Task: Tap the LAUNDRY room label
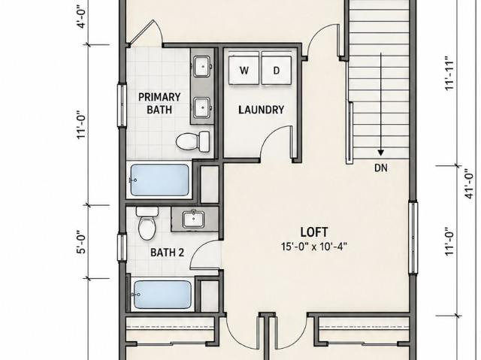click(x=262, y=110)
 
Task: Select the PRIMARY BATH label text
click(x=159, y=103)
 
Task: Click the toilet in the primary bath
click(x=193, y=141)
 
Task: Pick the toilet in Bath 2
click(x=147, y=223)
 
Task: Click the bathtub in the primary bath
click(x=159, y=180)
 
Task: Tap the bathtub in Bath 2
click(x=162, y=295)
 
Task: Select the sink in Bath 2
click(x=194, y=219)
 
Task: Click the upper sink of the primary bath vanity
click(x=202, y=66)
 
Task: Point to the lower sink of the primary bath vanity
click(x=202, y=107)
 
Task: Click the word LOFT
click(x=314, y=232)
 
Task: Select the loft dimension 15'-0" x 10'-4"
click(x=314, y=247)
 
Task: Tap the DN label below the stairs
click(x=381, y=168)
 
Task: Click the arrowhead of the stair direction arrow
click(x=381, y=153)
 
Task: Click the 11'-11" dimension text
click(x=449, y=73)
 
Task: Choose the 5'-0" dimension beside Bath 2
click(x=82, y=242)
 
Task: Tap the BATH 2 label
click(x=167, y=253)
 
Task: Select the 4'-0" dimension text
click(x=82, y=16)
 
